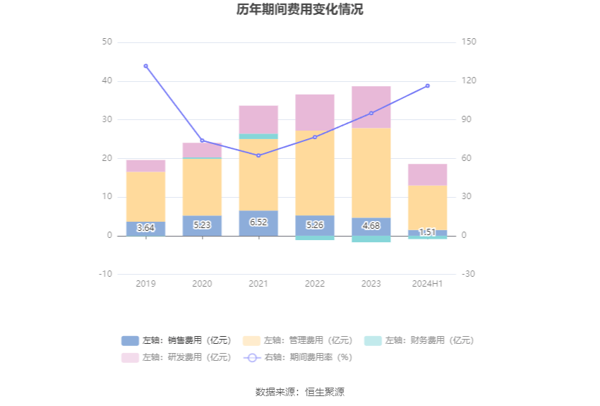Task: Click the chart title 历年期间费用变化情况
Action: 300,10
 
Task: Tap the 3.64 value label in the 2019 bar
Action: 145,227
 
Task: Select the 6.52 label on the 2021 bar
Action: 258,222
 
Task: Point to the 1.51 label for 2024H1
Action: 427,232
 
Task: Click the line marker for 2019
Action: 145,66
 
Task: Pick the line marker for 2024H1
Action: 427,85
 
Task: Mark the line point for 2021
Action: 258,155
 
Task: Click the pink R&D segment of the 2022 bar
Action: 315,112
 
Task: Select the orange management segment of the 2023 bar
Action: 371,172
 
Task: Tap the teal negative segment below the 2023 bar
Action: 371,239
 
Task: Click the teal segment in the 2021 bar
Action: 258,136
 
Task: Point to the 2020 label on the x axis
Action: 202,283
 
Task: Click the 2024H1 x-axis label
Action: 427,283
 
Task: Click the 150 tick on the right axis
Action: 469,42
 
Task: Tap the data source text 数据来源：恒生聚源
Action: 300,392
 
